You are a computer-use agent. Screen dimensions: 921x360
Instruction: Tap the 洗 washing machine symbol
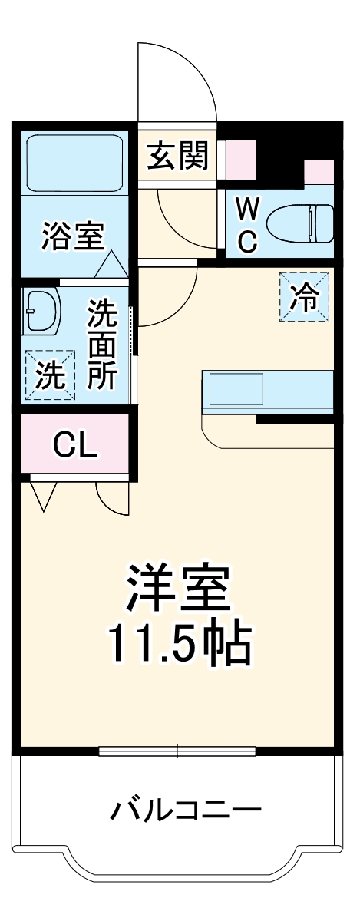(x=51, y=375)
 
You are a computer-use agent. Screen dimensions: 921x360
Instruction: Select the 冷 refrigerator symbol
(x=303, y=297)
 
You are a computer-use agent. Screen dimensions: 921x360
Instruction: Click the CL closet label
(x=74, y=444)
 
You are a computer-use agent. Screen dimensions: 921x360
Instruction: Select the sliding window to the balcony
(x=178, y=750)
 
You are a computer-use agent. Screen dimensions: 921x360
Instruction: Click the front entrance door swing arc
(x=175, y=77)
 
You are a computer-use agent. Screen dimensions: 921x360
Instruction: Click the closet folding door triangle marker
(x=43, y=495)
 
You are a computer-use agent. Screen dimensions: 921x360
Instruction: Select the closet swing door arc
(x=111, y=499)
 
